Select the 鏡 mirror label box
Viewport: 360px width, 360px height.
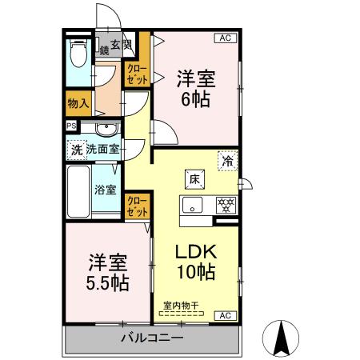(104, 50)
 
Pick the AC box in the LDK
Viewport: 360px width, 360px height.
(224, 314)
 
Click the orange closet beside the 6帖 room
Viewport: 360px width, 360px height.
(134, 74)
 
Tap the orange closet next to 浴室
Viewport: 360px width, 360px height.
(136, 205)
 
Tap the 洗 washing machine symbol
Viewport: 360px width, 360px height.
(76, 148)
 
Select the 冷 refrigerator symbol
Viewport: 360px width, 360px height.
(228, 160)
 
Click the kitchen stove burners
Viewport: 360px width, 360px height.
(226, 204)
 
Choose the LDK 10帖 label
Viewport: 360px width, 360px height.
(195, 261)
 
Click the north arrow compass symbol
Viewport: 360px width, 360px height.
(282, 337)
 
